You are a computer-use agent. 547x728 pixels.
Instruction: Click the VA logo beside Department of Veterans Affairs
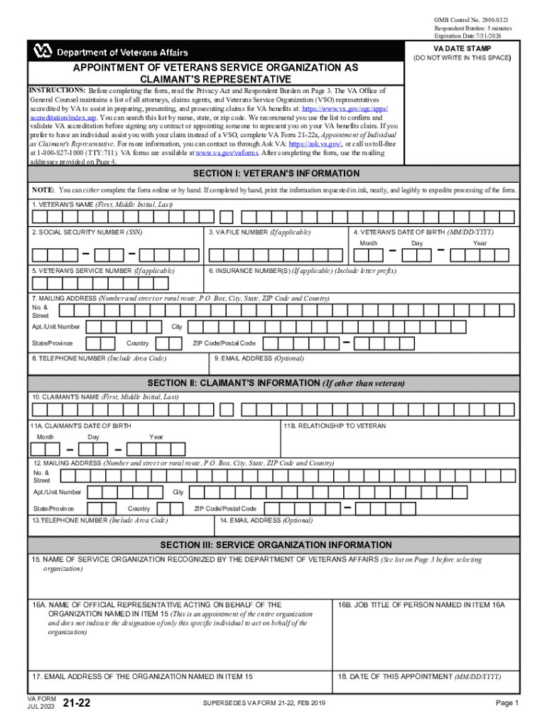42,51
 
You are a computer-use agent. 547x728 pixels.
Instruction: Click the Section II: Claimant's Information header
276,383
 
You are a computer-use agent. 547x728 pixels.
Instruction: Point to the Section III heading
276,545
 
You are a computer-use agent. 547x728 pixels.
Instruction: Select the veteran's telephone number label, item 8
99,358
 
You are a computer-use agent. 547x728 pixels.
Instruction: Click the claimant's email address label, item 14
266,520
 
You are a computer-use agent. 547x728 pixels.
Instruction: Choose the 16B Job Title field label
421,604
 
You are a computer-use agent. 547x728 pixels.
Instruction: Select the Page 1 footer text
508,704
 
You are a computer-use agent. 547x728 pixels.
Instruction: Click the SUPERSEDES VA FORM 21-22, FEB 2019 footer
263,704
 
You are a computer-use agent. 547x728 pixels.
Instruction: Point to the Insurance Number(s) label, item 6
303,271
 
